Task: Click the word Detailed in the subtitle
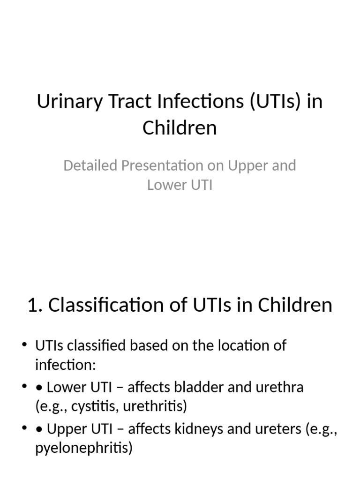[90, 165]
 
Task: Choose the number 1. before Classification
[35, 305]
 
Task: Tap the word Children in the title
[180, 127]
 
